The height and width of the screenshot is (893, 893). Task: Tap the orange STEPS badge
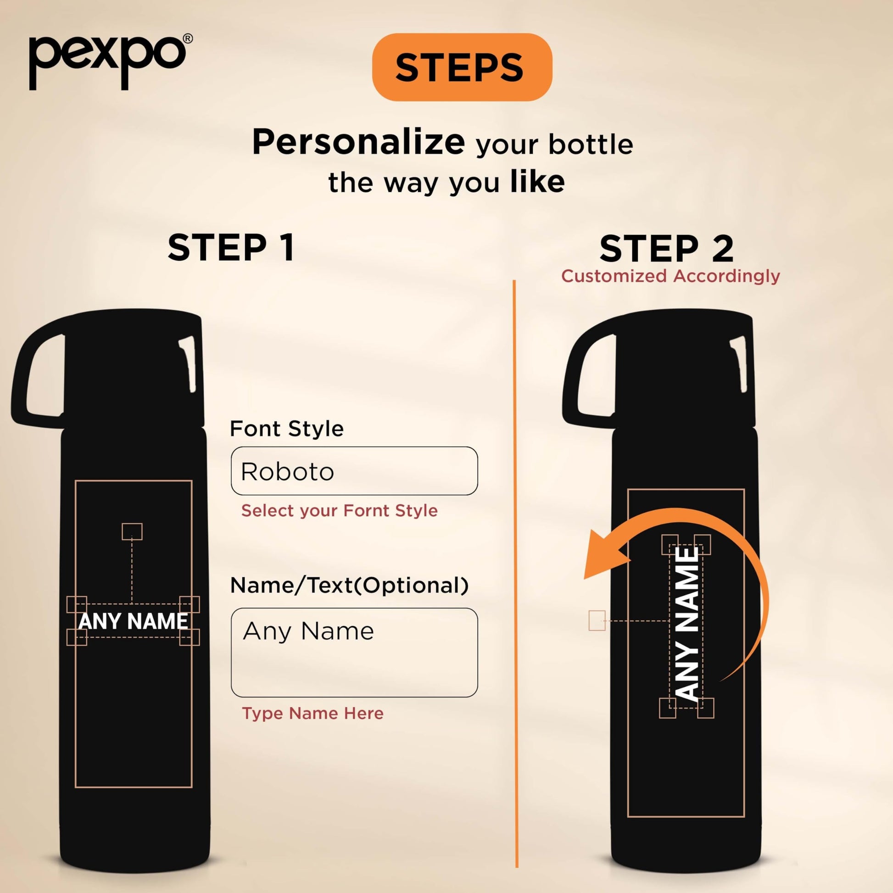tap(462, 67)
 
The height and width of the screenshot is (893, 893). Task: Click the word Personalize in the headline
tap(359, 143)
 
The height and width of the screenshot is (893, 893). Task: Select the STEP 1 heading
tap(231, 248)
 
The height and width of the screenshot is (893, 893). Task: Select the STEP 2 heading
tap(666, 249)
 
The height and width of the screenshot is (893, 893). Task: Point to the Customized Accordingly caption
tap(671, 276)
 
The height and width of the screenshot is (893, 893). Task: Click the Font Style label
tap(286, 429)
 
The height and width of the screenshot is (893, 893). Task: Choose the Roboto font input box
tap(354, 471)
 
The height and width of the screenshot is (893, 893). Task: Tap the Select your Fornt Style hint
tap(339, 511)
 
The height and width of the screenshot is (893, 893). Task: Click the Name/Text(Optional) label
tap(349, 586)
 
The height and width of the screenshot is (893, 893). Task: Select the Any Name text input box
tap(354, 653)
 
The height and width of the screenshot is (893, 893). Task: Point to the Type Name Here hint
tap(313, 713)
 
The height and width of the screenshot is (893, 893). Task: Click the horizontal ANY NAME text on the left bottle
tap(134, 621)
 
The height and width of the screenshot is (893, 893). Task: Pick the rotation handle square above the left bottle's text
tap(132, 531)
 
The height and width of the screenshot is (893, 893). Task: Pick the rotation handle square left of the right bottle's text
tap(597, 620)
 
